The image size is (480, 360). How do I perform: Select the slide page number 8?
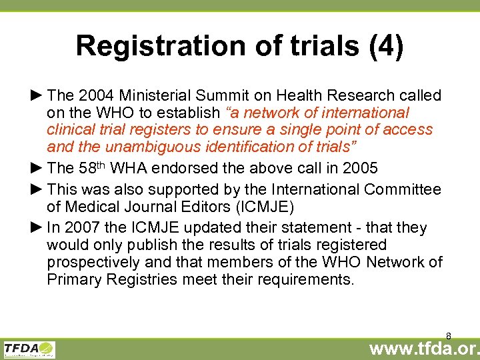pyautogui.click(x=449, y=335)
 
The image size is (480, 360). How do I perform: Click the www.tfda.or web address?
pyautogui.click(x=424, y=348)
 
